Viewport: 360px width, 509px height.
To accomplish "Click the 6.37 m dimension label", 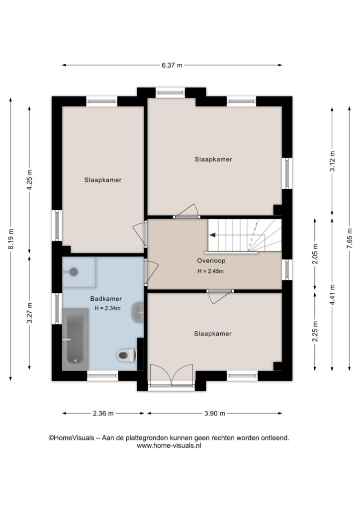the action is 172,65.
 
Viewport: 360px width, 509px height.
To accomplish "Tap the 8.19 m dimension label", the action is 11,239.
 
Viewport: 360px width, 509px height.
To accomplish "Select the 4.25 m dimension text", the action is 29,180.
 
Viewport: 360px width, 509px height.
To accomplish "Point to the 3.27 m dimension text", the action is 29,313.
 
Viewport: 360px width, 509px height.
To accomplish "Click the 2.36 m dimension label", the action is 103,413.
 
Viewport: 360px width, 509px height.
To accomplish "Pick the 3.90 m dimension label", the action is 215,413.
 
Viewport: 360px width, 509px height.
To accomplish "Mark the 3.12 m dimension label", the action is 332,162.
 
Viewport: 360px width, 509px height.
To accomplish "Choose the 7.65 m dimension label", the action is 350,239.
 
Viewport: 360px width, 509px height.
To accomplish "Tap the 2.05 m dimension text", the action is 315,254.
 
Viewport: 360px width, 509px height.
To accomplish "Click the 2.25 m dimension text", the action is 315,331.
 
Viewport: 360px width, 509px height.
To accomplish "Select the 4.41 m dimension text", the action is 332,294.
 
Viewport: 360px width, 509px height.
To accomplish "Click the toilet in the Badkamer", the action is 127,355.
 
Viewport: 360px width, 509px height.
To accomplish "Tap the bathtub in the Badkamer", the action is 75,339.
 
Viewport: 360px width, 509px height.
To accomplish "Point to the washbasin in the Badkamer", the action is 138,312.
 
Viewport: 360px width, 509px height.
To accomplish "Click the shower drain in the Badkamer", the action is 74,272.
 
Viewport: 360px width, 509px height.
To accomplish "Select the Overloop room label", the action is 211,260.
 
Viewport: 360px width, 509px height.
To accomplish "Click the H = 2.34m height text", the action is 107,308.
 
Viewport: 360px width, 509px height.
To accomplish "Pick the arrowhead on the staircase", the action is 213,235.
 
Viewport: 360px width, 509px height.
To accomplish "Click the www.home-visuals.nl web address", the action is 169,446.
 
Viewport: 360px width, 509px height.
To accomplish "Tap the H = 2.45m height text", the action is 210,271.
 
